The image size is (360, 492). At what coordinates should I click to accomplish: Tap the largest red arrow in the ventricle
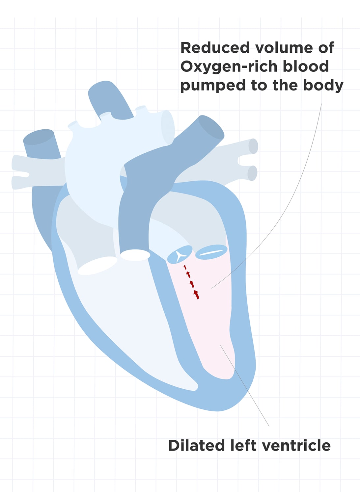coord(196,294)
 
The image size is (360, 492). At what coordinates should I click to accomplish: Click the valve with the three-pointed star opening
coord(180,255)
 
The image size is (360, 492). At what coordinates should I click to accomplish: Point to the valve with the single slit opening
coord(211,252)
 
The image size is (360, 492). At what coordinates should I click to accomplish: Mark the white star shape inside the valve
coord(180,256)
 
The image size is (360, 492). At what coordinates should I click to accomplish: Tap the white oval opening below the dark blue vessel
coord(135,255)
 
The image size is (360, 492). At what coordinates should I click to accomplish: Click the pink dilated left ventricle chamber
coord(211,323)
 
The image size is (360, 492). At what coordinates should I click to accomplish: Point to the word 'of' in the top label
coord(326,48)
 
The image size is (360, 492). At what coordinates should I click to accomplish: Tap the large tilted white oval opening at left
coord(97,265)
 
